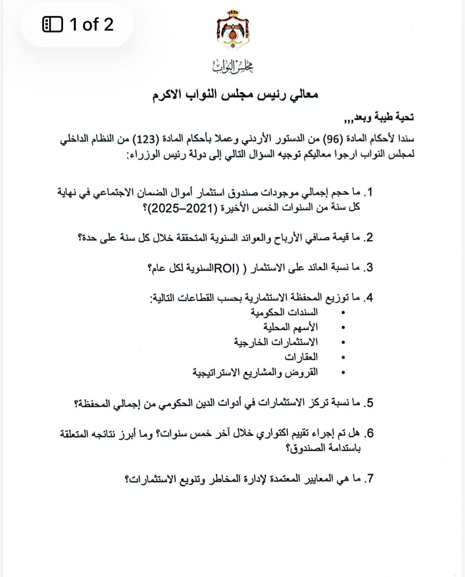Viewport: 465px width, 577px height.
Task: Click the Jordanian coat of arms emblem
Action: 233,30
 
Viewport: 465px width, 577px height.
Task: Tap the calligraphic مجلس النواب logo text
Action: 233,66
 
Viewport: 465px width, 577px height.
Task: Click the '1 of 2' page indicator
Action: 91,25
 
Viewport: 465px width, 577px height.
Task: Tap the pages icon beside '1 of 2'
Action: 52,25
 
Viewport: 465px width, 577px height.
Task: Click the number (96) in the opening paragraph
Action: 331,139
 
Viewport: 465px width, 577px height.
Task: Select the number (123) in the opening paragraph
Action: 145,139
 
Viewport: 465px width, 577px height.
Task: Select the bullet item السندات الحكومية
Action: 284,312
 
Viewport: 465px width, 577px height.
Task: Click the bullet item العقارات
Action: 301,357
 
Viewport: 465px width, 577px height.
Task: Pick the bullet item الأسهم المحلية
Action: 291,327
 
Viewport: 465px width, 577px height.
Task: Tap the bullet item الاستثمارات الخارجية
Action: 276,342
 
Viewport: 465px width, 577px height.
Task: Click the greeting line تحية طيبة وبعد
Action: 379,118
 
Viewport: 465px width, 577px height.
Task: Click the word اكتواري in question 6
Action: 270,433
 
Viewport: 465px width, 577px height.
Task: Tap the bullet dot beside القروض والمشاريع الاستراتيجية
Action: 343,372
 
